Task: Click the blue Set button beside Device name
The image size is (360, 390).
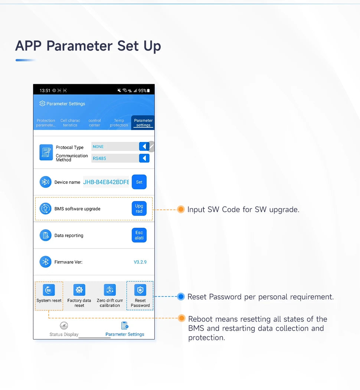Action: (x=139, y=182)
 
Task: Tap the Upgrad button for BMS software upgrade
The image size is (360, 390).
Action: (x=139, y=209)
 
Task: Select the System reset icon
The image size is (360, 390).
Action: (x=49, y=290)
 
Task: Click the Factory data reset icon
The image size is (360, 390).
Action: (x=79, y=290)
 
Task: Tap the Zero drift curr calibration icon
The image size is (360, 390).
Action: (x=109, y=290)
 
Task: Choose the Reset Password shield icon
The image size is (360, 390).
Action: (x=140, y=290)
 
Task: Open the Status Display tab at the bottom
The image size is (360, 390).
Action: (x=64, y=329)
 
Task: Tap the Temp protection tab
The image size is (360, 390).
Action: (x=119, y=123)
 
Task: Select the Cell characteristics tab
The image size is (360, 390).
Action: (x=70, y=123)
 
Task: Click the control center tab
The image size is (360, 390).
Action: (x=95, y=123)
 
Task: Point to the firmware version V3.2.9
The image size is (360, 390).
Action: (x=140, y=262)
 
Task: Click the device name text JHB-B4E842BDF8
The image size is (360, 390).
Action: (x=106, y=182)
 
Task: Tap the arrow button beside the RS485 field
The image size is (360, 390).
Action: (x=144, y=158)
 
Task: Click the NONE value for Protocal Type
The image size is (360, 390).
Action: (x=98, y=147)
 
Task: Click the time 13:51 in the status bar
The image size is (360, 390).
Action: (x=45, y=91)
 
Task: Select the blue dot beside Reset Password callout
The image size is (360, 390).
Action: (x=181, y=297)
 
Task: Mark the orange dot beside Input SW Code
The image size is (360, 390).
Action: (x=181, y=209)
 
